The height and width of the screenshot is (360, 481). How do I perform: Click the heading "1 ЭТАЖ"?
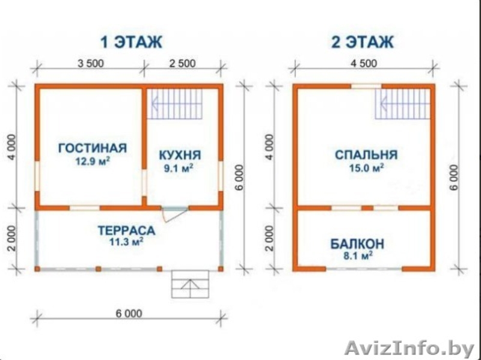(131, 42)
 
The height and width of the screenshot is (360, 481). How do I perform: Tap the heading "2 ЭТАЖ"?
(362, 42)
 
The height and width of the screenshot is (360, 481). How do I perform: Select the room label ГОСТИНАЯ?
(93, 148)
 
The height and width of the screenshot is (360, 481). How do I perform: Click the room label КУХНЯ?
(180, 155)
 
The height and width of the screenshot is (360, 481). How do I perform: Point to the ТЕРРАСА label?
(126, 230)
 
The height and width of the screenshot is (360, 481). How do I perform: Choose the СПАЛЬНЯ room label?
(366, 155)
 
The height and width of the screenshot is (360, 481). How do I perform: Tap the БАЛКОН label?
(357, 244)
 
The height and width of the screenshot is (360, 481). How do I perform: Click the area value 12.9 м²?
(92, 162)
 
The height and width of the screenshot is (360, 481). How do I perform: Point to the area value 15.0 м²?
(367, 169)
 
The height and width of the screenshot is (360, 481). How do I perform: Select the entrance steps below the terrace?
(190, 284)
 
